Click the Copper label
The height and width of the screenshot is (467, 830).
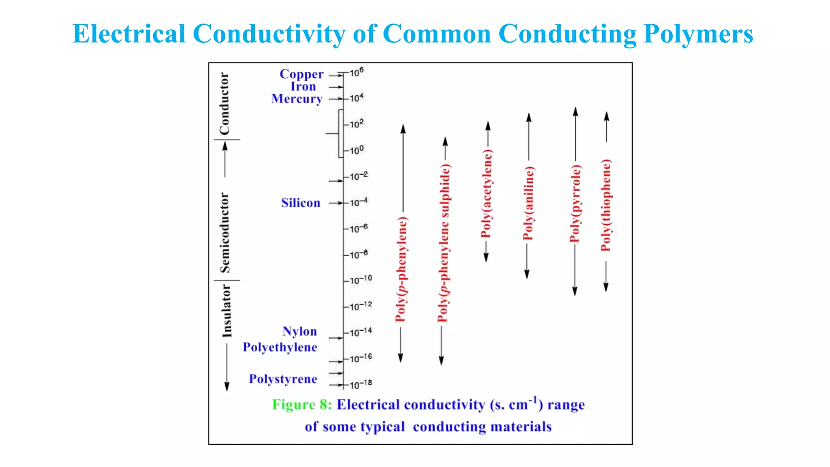[x=301, y=74]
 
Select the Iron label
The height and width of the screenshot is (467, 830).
[x=303, y=87]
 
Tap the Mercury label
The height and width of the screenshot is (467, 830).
[x=297, y=99]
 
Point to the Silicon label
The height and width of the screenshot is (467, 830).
[x=300, y=203]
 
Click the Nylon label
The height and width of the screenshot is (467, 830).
[x=299, y=331]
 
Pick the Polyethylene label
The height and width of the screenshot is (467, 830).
[x=280, y=347]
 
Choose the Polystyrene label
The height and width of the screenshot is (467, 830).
[x=283, y=379]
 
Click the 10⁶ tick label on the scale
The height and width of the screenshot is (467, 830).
[x=357, y=73]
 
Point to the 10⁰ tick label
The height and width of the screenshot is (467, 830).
[x=357, y=150]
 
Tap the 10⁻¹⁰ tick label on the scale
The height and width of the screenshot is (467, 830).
[x=360, y=280]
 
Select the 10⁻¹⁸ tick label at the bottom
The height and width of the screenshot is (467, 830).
[x=360, y=384]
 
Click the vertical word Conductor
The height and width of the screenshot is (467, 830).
[x=225, y=104]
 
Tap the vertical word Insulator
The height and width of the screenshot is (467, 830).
[x=227, y=311]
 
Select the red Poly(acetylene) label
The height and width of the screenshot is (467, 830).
[x=486, y=194]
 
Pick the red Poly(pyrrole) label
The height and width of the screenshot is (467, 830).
[x=575, y=204]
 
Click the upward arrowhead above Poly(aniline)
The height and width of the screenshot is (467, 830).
[x=528, y=118]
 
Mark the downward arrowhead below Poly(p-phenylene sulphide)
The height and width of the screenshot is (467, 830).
[x=441, y=360]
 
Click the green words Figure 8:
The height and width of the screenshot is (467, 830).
[x=302, y=405]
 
